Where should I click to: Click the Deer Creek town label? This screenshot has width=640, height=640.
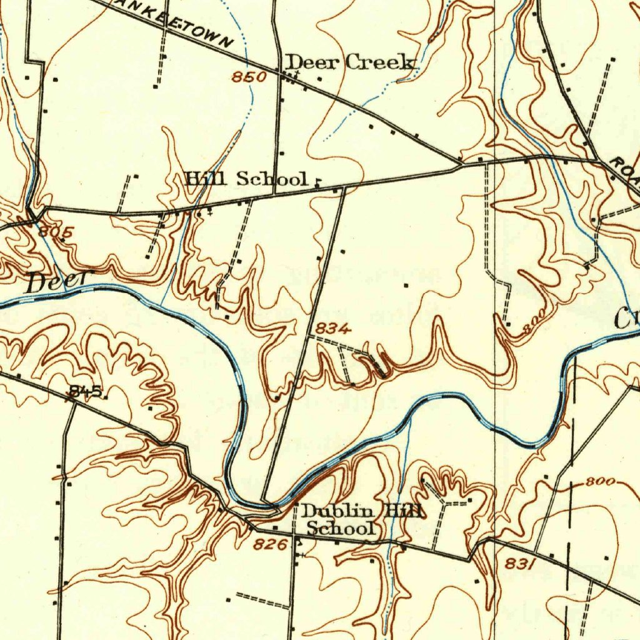click(x=349, y=62)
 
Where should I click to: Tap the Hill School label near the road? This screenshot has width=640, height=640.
click(x=247, y=179)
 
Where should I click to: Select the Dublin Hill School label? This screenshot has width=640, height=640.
click(x=361, y=520)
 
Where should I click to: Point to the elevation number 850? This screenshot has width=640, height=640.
click(x=249, y=77)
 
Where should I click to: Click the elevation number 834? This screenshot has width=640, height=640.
click(x=332, y=329)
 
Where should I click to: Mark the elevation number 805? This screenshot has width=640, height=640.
click(x=56, y=232)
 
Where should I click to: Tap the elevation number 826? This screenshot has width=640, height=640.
click(x=270, y=545)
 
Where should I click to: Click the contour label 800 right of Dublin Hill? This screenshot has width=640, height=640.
click(x=601, y=482)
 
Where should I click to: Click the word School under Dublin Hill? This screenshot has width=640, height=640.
click(x=341, y=529)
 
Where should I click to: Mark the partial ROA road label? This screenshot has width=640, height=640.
click(x=625, y=170)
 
